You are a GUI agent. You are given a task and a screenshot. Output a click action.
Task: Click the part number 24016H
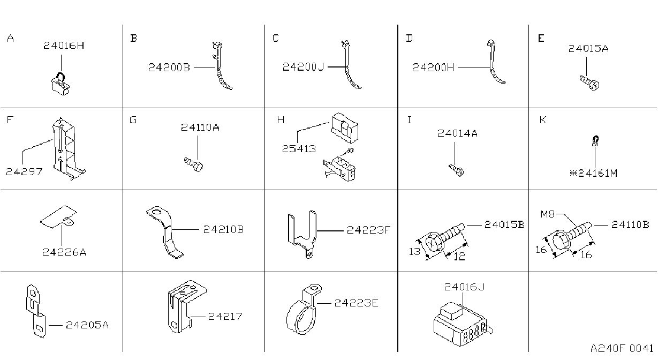(x=64, y=46)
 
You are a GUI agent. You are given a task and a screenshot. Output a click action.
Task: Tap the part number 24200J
(x=303, y=67)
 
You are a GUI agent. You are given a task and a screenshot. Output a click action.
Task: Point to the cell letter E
(x=541, y=38)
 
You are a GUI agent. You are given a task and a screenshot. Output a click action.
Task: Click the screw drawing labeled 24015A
(x=589, y=83)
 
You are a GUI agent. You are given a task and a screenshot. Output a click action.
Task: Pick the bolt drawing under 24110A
(x=193, y=164)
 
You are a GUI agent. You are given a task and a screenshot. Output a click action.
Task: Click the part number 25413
(x=299, y=149)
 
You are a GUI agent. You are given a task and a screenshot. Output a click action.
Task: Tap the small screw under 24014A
(x=456, y=170)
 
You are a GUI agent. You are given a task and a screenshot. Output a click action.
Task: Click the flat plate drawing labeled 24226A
(x=59, y=216)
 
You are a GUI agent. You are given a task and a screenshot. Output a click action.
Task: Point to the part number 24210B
(x=223, y=229)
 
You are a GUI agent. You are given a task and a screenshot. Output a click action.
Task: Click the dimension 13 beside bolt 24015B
(x=414, y=252)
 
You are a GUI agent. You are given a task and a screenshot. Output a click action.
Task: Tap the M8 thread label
(x=547, y=214)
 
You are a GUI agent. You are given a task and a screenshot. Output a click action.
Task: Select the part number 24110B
(x=630, y=225)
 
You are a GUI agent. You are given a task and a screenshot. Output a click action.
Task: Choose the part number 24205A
(x=87, y=325)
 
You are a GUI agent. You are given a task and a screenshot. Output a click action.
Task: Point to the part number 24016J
(x=464, y=287)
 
